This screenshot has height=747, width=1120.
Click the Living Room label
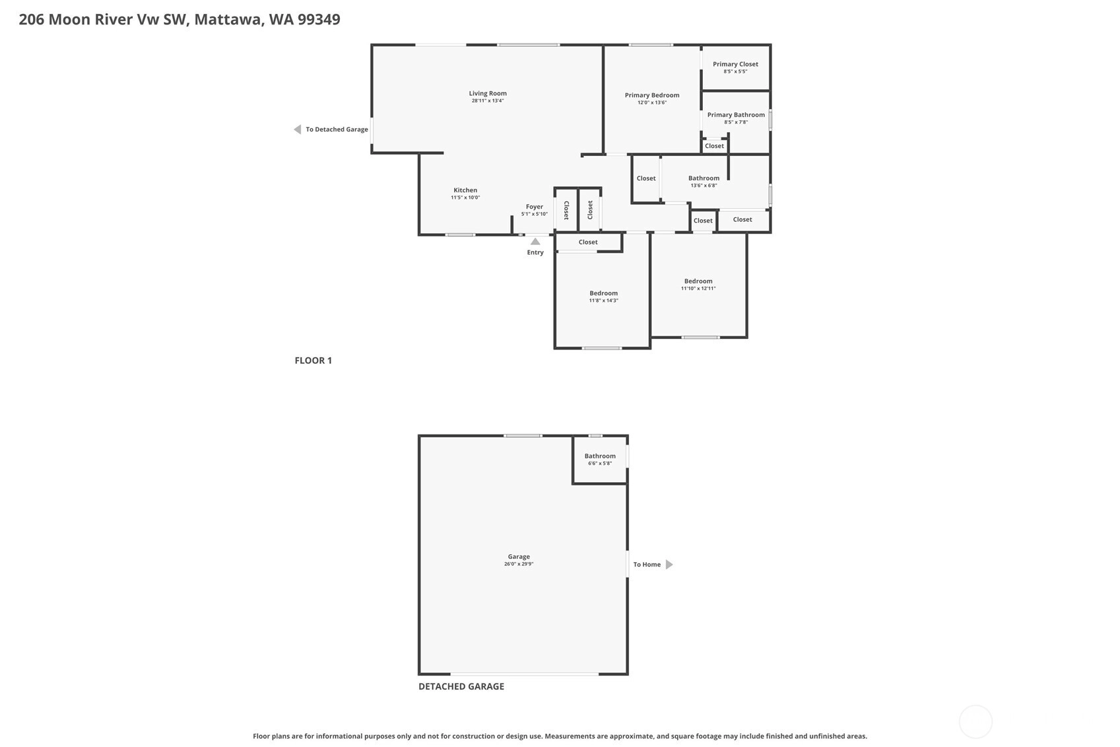click(x=488, y=93)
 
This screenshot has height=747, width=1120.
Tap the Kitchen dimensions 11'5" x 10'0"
click(x=465, y=197)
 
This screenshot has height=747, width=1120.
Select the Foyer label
click(x=534, y=207)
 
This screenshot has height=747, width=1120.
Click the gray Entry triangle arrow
click(x=535, y=241)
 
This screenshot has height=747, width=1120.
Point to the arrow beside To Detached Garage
click(x=297, y=129)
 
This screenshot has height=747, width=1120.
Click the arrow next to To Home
click(x=669, y=564)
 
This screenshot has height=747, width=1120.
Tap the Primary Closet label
click(x=735, y=64)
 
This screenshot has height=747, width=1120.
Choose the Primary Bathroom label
click(x=735, y=115)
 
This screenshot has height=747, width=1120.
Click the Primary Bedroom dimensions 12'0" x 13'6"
click(x=651, y=102)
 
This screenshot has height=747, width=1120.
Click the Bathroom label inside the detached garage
click(x=600, y=456)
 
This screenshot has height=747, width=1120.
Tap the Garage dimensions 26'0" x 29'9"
click(x=519, y=564)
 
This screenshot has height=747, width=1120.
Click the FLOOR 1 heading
click(x=313, y=360)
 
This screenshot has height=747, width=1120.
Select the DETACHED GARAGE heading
click(x=461, y=686)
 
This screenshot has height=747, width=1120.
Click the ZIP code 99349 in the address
click(x=319, y=19)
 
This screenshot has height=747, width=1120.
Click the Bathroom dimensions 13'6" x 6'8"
click(x=704, y=186)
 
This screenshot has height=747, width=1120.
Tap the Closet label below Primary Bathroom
click(x=714, y=146)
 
